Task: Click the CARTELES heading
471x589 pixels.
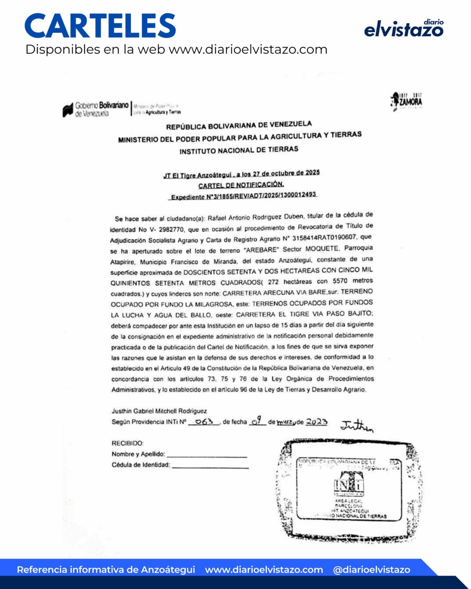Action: (100, 26)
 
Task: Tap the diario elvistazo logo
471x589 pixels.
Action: (404, 29)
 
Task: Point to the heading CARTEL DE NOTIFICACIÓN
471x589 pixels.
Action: (241, 185)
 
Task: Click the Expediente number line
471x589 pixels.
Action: (243, 196)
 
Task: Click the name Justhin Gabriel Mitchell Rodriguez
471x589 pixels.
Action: (159, 411)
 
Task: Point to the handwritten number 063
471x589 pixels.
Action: (204, 422)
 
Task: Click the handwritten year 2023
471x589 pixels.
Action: (317, 422)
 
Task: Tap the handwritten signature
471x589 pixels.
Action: (357, 426)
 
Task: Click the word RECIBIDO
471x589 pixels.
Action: (128, 443)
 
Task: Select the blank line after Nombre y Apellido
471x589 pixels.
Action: (207, 455)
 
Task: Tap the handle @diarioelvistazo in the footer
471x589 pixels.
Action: (371, 570)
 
